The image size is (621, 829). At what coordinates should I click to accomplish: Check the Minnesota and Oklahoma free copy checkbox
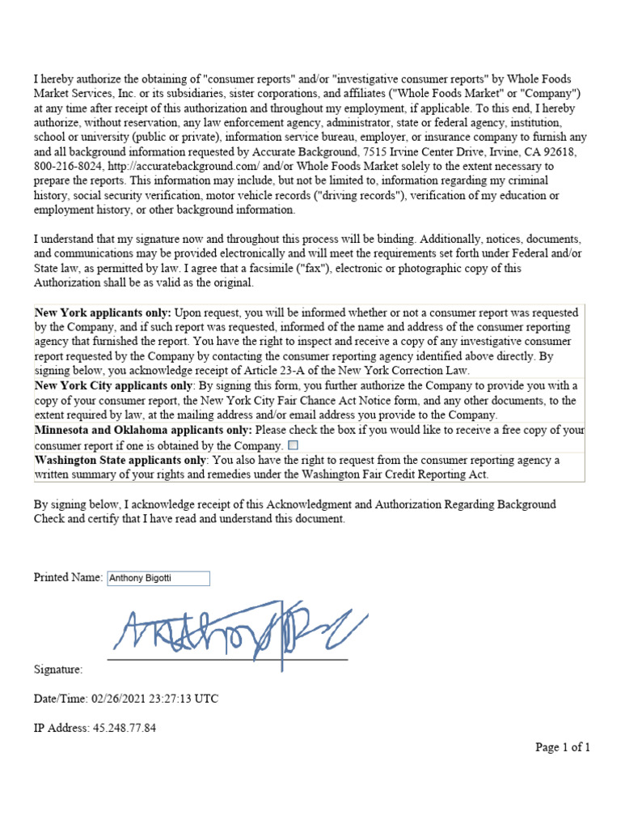(x=293, y=445)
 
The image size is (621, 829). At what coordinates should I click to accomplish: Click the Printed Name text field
(x=158, y=578)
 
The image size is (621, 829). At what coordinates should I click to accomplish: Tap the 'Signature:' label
(x=58, y=670)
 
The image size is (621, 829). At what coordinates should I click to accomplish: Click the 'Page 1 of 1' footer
(x=563, y=747)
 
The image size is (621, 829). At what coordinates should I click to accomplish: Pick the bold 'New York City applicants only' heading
(x=114, y=385)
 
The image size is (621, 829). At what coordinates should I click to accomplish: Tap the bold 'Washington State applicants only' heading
(x=120, y=460)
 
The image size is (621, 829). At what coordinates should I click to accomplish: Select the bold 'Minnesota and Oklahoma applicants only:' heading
(x=143, y=430)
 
